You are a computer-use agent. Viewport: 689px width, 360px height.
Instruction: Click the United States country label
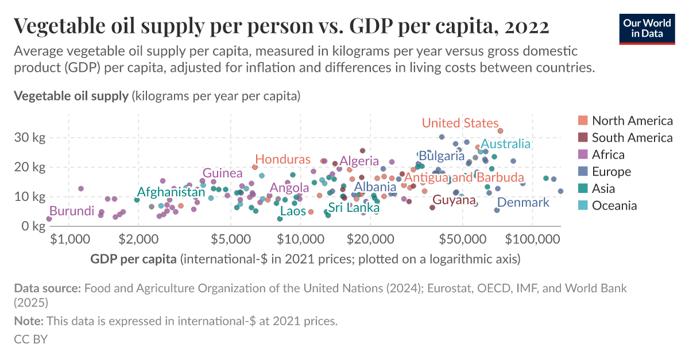(x=460, y=123)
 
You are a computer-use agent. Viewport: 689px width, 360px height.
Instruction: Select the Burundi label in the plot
(x=71, y=211)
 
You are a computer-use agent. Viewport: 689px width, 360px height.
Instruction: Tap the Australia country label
(x=505, y=144)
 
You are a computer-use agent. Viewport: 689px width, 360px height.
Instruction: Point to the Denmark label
(x=523, y=202)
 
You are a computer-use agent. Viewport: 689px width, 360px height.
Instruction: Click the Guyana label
(x=454, y=200)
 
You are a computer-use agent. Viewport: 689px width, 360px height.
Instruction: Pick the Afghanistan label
(x=171, y=192)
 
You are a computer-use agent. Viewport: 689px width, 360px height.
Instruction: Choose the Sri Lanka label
(x=354, y=208)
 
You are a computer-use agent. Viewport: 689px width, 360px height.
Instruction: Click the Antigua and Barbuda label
(x=464, y=177)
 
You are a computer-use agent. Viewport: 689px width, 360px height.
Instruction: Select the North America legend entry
(x=632, y=121)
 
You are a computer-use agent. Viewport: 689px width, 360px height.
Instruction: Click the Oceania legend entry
(x=614, y=206)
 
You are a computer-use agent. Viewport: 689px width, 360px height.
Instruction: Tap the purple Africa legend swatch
(x=583, y=154)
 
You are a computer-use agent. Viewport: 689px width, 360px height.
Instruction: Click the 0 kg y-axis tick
(x=34, y=226)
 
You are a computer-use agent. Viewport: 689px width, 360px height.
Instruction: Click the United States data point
(x=500, y=131)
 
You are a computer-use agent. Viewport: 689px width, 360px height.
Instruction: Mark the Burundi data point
(x=49, y=219)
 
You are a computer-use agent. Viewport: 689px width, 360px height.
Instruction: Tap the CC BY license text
(x=30, y=339)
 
